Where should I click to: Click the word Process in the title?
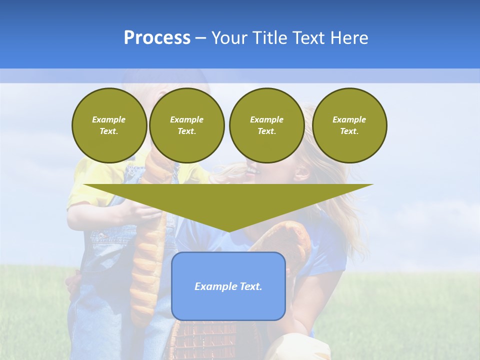(157, 38)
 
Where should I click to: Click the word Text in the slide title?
(309, 38)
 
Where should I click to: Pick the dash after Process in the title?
(201, 38)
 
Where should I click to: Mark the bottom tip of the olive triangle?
(228, 231)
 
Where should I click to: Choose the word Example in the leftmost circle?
(109, 119)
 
